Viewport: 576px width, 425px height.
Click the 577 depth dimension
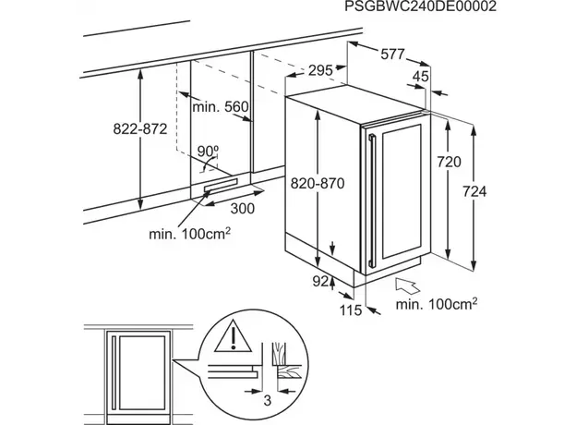(392, 55)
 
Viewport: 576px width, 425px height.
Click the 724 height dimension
(473, 191)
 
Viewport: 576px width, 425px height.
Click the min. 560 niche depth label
(222, 108)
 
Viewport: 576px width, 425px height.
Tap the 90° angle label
(207, 151)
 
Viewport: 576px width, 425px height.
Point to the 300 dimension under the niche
(242, 209)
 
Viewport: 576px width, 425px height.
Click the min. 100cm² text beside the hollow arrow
(437, 303)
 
